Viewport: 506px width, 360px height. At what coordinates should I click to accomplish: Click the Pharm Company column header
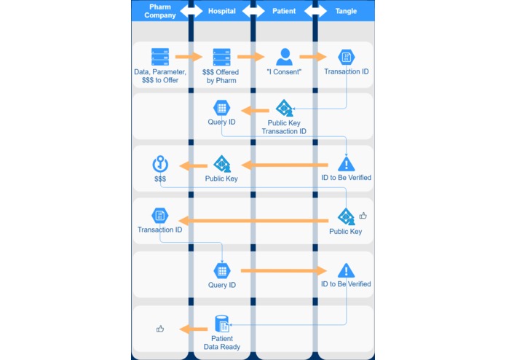coord(159,10)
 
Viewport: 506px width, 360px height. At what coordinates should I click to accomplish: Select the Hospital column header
coord(221,11)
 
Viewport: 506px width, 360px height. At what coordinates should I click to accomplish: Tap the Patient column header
coord(284,11)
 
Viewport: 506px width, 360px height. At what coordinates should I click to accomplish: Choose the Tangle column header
coord(346,11)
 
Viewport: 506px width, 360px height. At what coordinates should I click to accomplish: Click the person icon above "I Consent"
coord(284,56)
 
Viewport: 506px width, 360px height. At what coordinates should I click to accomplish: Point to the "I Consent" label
coord(284,72)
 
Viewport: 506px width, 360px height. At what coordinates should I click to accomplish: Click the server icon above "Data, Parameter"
coord(160,56)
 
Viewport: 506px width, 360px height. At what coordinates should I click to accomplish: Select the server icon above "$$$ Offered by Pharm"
coord(222,56)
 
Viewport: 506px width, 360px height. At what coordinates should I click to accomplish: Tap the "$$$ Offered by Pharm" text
coord(222,76)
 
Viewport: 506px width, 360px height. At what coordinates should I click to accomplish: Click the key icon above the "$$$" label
coord(159,163)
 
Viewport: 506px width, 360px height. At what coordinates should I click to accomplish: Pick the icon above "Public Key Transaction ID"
coord(284,109)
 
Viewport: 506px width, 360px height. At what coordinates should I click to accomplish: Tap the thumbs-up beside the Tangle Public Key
coord(363,216)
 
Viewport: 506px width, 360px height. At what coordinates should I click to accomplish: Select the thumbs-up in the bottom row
coord(160,329)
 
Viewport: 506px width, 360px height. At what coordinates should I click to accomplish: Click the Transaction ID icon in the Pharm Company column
coord(159,216)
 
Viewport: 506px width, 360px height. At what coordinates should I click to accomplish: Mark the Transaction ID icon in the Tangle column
coord(346,57)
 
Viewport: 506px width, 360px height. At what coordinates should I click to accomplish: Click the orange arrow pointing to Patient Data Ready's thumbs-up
coord(193,329)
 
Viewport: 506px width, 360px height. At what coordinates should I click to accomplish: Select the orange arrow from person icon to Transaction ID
coord(314,56)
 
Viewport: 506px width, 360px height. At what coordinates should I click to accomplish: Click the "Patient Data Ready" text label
coord(222,343)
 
